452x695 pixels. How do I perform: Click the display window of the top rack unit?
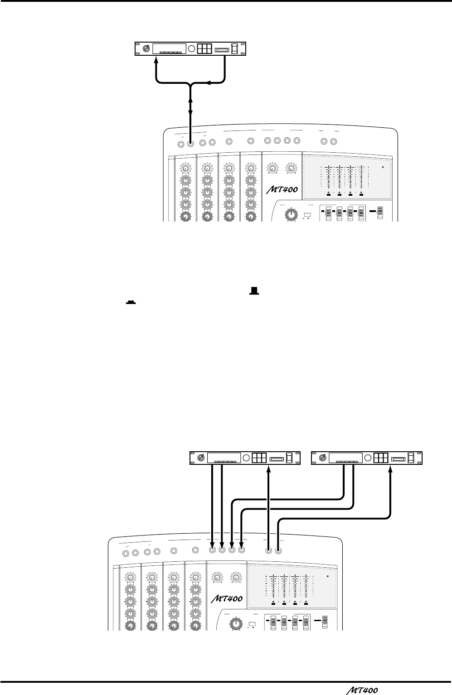pos(169,48)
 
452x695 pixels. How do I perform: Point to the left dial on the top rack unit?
pos(146,48)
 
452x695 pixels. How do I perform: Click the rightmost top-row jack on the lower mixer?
pos(278,551)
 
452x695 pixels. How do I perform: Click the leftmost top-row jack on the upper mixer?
pos(181,144)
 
